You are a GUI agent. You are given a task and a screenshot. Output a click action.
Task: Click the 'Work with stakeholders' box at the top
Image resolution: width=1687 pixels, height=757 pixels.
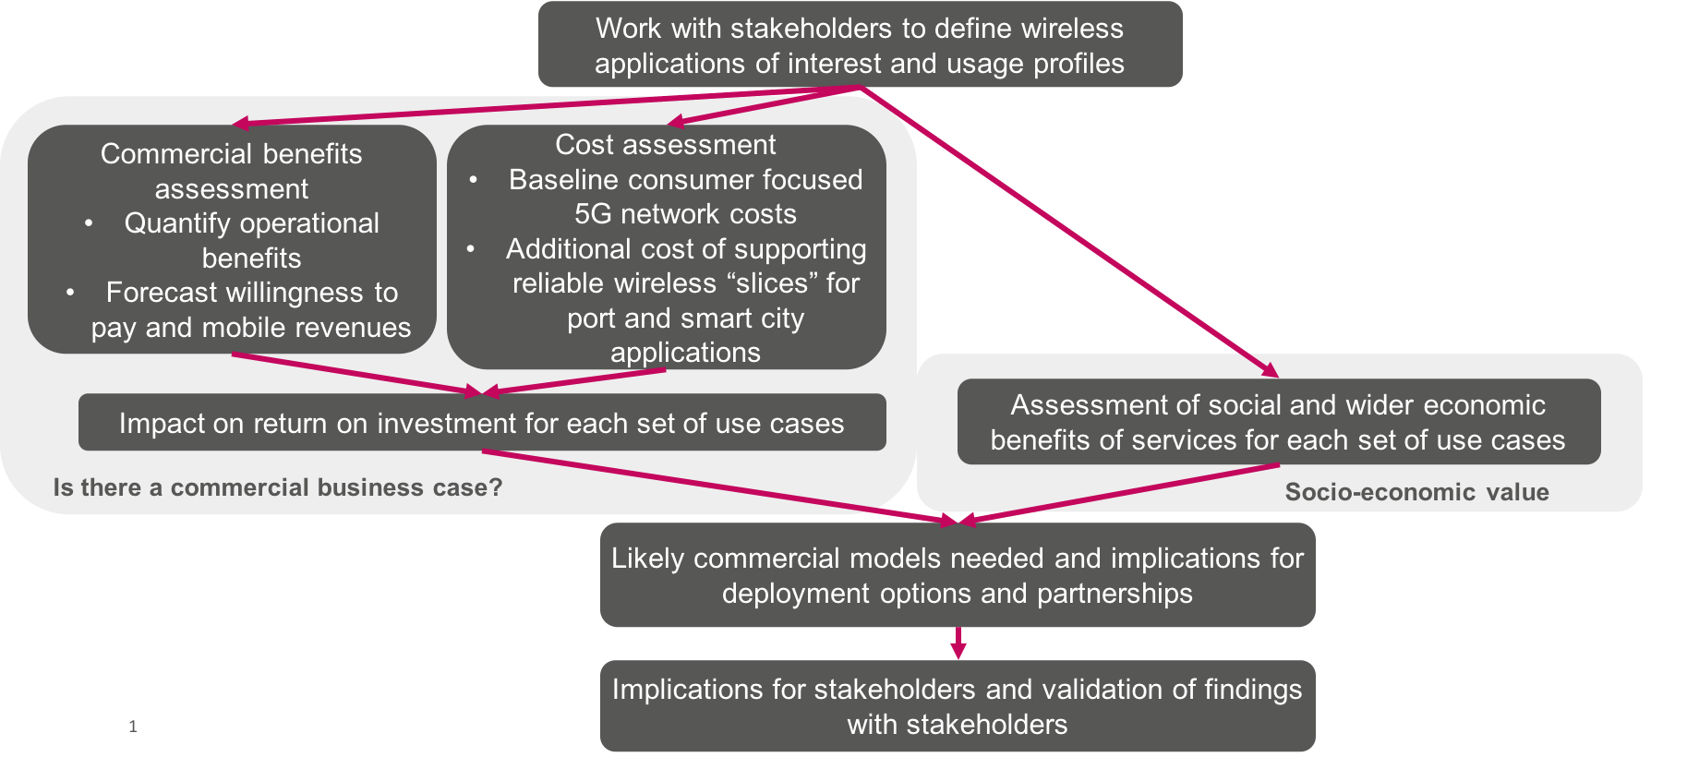[860, 45]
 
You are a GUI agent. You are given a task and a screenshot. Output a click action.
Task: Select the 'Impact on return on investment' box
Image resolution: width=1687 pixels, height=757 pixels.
[481, 423]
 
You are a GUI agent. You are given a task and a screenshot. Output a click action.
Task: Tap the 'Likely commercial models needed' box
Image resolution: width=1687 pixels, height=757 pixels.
[957, 575]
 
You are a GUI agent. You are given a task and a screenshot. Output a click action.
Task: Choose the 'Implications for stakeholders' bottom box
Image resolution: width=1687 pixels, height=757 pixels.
[957, 706]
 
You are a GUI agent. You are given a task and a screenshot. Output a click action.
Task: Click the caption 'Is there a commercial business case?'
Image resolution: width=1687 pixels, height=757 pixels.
[278, 487]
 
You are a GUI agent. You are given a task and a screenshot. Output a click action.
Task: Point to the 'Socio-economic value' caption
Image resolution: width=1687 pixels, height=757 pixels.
[1416, 492]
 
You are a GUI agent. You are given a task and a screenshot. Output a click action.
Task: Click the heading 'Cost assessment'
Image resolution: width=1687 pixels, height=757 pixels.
[665, 145]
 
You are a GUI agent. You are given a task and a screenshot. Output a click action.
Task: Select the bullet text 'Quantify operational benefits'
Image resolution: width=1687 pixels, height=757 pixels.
[251, 240]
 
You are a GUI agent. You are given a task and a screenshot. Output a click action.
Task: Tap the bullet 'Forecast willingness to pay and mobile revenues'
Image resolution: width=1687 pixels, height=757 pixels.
[251, 310]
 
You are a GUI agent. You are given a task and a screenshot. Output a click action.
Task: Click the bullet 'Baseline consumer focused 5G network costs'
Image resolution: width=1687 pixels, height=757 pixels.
[685, 197]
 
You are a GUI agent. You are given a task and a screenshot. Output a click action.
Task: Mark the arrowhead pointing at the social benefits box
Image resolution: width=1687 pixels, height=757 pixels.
[1271, 370]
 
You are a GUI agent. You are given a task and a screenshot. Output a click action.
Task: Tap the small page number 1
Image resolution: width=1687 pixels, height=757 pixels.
[132, 727]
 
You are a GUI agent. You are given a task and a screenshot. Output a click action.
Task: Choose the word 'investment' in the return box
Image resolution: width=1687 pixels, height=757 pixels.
[447, 424]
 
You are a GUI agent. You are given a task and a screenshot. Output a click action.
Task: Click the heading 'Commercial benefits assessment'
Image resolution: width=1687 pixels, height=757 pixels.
[231, 171]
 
